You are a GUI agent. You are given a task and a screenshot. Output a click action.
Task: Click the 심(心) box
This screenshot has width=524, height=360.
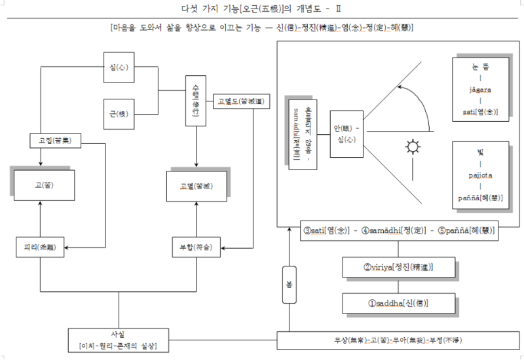coord(119,67)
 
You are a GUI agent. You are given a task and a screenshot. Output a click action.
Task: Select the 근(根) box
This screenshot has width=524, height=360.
coord(119,112)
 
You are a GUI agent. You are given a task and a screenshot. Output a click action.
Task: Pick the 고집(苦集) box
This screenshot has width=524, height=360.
coord(50,140)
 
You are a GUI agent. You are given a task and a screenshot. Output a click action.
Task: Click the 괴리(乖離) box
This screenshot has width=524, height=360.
coord(40,248)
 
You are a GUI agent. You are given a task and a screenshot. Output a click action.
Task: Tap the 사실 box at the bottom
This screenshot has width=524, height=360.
coord(119,339)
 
